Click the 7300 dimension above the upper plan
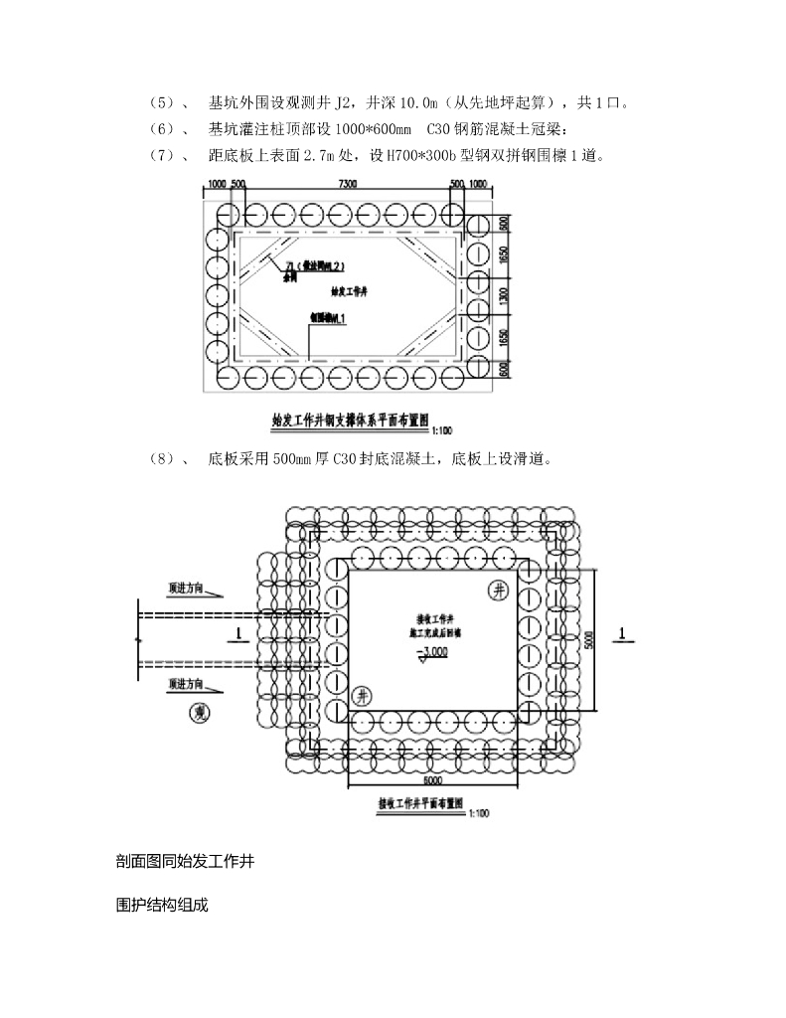coord(348,185)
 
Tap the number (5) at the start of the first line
coord(160,102)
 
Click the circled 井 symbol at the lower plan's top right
coord(499,591)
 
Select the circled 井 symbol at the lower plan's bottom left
coord(363,695)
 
